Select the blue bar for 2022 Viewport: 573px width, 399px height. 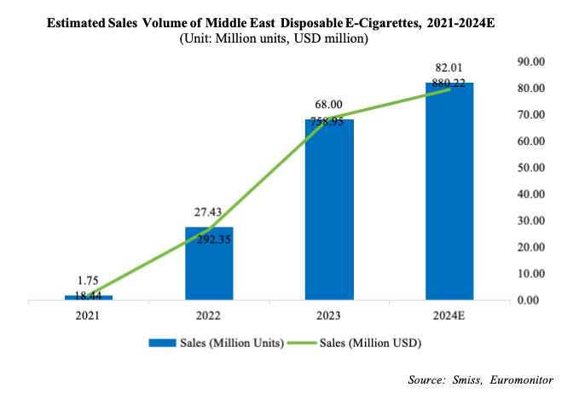click(x=209, y=263)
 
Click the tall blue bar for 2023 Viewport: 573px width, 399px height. click(x=329, y=210)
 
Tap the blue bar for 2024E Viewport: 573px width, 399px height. click(x=449, y=191)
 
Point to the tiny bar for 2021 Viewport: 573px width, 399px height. click(x=89, y=298)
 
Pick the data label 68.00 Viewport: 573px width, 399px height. click(x=329, y=103)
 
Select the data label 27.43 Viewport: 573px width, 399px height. click(x=209, y=211)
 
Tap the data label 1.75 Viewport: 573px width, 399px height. click(x=89, y=279)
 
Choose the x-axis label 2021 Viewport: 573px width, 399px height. click(x=89, y=315)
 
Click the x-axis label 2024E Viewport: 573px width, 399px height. click(x=449, y=315)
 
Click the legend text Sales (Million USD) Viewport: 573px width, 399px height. click(x=372, y=344)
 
